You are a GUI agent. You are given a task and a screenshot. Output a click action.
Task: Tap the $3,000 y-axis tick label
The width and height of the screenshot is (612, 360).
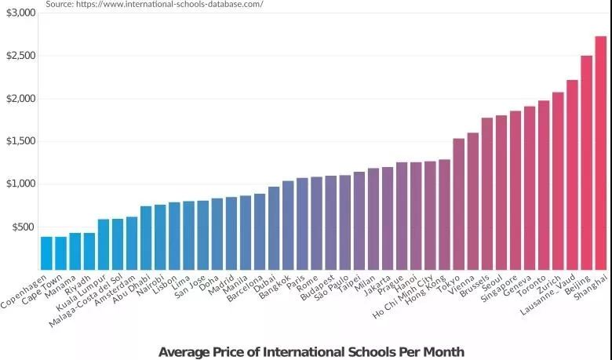(x=21, y=13)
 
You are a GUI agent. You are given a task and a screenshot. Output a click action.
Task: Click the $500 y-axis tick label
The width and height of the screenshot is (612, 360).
(x=24, y=227)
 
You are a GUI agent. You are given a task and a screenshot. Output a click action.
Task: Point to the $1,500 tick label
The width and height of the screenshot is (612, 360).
(x=21, y=141)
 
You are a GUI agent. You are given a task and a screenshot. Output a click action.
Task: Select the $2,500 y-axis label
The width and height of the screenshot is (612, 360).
(x=21, y=56)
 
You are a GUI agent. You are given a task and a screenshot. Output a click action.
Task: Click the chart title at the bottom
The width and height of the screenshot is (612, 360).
(x=311, y=351)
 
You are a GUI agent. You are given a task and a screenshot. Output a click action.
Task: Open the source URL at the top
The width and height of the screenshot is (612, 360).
(x=154, y=4)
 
